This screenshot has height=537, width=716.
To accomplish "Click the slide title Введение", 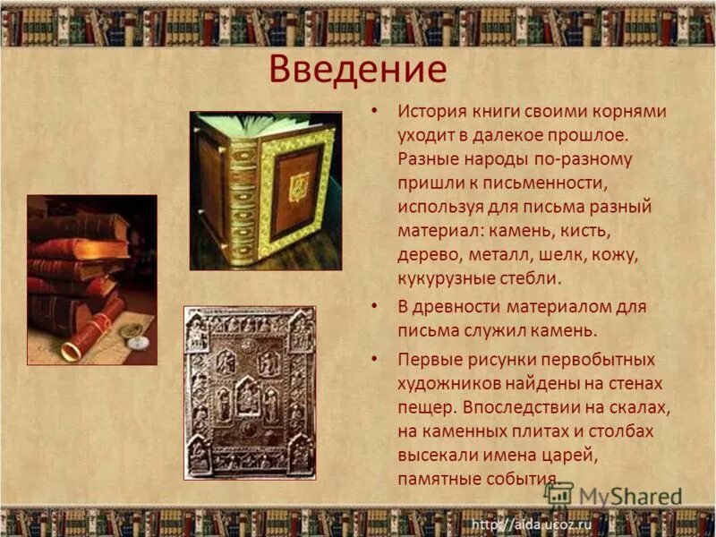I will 357,70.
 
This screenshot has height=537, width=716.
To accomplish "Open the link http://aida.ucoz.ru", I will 533,523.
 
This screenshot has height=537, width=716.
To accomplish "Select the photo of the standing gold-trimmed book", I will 265,190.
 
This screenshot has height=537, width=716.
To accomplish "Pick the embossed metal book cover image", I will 250,392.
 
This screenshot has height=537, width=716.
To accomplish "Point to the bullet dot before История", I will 376,113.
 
